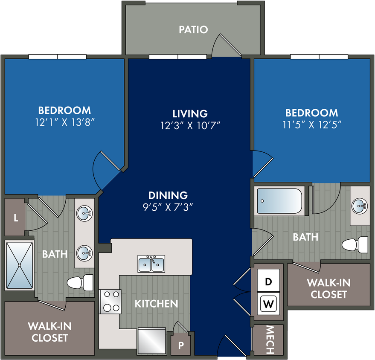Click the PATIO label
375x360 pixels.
(x=194, y=29)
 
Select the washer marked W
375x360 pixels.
(x=268, y=304)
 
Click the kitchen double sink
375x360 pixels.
(x=151, y=264)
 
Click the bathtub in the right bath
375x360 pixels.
(x=279, y=201)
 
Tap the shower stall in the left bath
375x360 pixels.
(x=19, y=265)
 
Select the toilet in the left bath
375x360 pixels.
(x=80, y=282)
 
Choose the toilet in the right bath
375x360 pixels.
(x=355, y=245)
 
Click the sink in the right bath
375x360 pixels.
(x=360, y=205)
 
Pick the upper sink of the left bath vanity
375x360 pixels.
(x=84, y=213)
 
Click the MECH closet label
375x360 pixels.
(x=270, y=340)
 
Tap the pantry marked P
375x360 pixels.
(x=181, y=345)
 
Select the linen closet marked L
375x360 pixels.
(x=15, y=217)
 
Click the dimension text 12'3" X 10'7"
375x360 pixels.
(x=190, y=125)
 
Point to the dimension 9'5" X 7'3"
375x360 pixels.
(x=168, y=207)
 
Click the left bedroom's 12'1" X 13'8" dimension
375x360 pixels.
(x=64, y=122)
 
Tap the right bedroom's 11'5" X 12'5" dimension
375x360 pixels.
(x=312, y=125)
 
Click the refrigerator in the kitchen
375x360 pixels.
(x=151, y=341)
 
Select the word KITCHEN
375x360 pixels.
(x=157, y=304)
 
